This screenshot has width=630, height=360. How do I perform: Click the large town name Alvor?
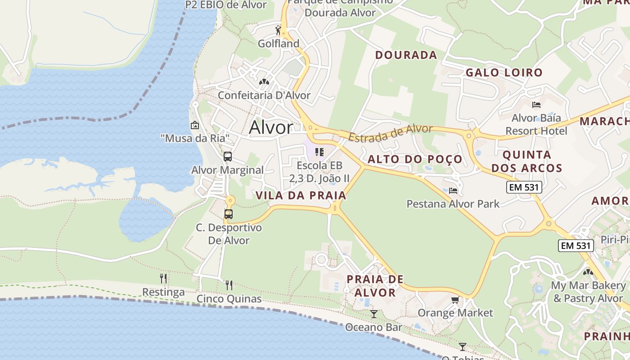tap(271, 128)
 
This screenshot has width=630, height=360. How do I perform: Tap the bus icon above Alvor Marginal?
tap(228, 157)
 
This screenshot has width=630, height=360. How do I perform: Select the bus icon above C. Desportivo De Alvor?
tap(229, 214)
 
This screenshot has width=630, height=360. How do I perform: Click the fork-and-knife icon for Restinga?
tap(163, 279)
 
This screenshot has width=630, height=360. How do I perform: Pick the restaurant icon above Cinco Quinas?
tap(229, 285)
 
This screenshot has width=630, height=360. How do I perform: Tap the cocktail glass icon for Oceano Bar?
tap(373, 314)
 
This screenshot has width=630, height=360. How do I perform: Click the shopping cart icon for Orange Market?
tap(455, 300)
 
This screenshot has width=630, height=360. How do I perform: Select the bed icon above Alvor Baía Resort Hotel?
tap(536, 105)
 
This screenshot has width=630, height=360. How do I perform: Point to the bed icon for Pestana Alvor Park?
tap(453, 191)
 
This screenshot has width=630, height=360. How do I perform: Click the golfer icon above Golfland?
tap(278, 31)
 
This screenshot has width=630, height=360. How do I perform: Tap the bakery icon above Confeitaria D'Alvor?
tap(264, 82)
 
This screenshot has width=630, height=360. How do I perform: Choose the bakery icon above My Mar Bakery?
tap(588, 272)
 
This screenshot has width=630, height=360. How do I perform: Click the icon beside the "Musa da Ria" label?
tap(195, 125)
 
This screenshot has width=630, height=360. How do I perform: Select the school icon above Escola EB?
tap(319, 152)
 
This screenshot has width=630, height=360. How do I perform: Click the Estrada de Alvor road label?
tap(390, 134)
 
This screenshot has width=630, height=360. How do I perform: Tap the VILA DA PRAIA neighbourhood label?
tap(301, 195)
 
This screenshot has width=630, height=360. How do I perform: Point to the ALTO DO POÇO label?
tap(415, 159)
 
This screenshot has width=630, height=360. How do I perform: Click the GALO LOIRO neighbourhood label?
tap(504, 72)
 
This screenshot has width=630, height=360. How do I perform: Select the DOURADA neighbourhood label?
tap(406, 55)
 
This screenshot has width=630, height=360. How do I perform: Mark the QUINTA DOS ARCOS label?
tap(526, 162)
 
